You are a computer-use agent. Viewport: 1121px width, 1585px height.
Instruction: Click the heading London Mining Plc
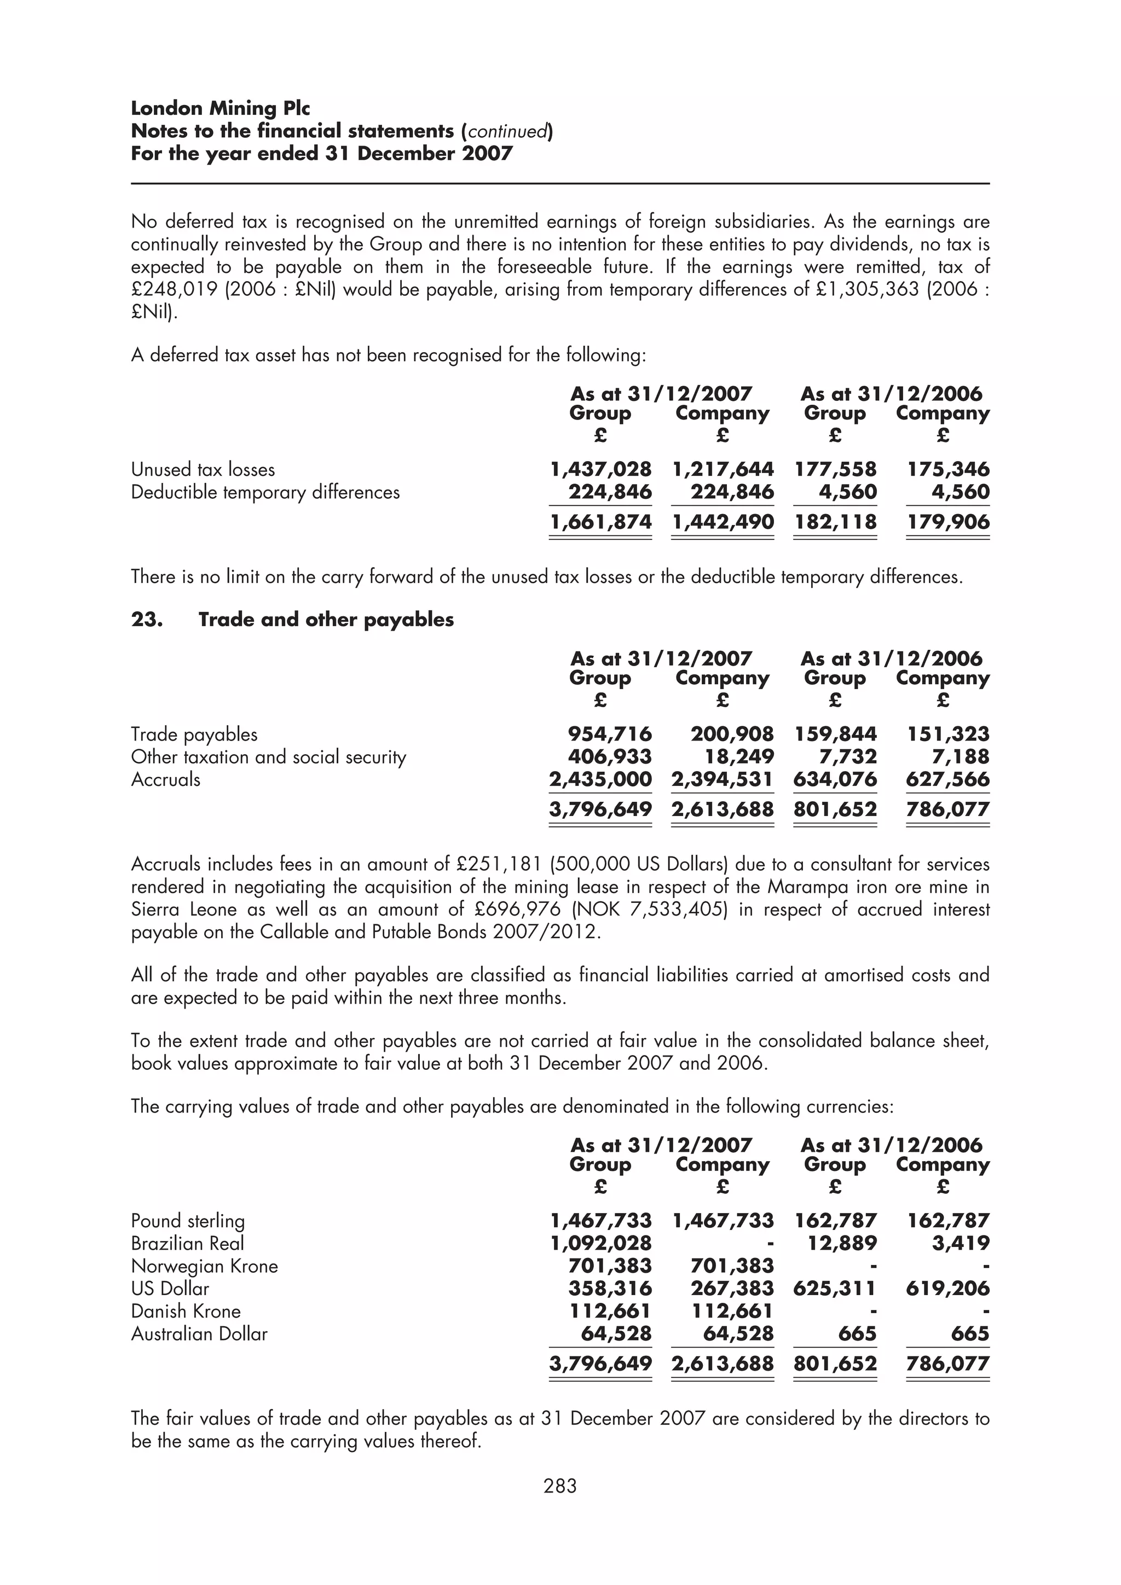[x=221, y=108]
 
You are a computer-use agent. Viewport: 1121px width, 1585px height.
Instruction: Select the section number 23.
[x=147, y=619]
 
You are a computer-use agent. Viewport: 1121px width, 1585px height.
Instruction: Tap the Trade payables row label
[x=194, y=734]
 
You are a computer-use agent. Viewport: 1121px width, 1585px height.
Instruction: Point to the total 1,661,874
[x=600, y=522]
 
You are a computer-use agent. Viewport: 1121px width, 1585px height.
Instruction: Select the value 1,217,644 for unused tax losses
[x=723, y=469]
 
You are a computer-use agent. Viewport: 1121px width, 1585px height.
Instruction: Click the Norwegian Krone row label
[x=205, y=1266]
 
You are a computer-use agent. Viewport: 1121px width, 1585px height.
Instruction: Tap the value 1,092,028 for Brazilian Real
[x=600, y=1243]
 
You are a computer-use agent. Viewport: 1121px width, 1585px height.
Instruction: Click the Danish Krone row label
[x=186, y=1311]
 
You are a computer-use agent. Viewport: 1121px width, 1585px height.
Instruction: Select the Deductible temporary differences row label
[x=265, y=492]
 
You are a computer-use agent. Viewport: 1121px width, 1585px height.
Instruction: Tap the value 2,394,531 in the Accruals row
[x=723, y=779]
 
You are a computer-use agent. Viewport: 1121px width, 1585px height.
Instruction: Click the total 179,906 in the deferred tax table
[x=947, y=522]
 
